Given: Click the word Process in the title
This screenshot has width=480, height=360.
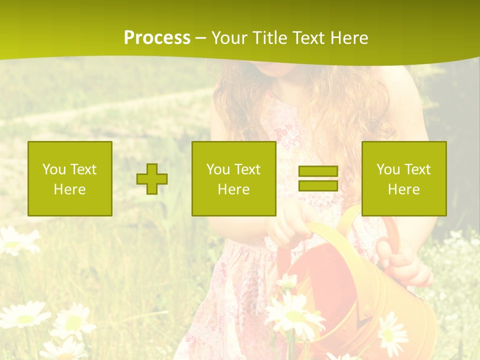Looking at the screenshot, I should [157, 38].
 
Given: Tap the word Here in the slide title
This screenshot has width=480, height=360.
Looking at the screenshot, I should [347, 38].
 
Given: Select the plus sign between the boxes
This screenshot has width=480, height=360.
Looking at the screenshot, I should [152, 179].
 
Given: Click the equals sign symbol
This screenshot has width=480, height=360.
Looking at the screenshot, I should [318, 178].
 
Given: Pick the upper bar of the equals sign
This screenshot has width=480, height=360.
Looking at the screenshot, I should [318, 171].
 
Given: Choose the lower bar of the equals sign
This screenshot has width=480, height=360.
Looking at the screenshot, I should [318, 185].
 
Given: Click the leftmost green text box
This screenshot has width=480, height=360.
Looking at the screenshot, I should [70, 178].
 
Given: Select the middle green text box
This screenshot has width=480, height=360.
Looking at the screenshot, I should [234, 178].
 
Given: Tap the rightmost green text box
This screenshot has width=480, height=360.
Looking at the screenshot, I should [404, 178].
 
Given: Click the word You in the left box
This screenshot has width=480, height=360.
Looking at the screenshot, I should [54, 169].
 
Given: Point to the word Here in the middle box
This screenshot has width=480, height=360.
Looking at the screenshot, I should [234, 189].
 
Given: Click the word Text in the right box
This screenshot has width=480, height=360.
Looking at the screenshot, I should [416, 169].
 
